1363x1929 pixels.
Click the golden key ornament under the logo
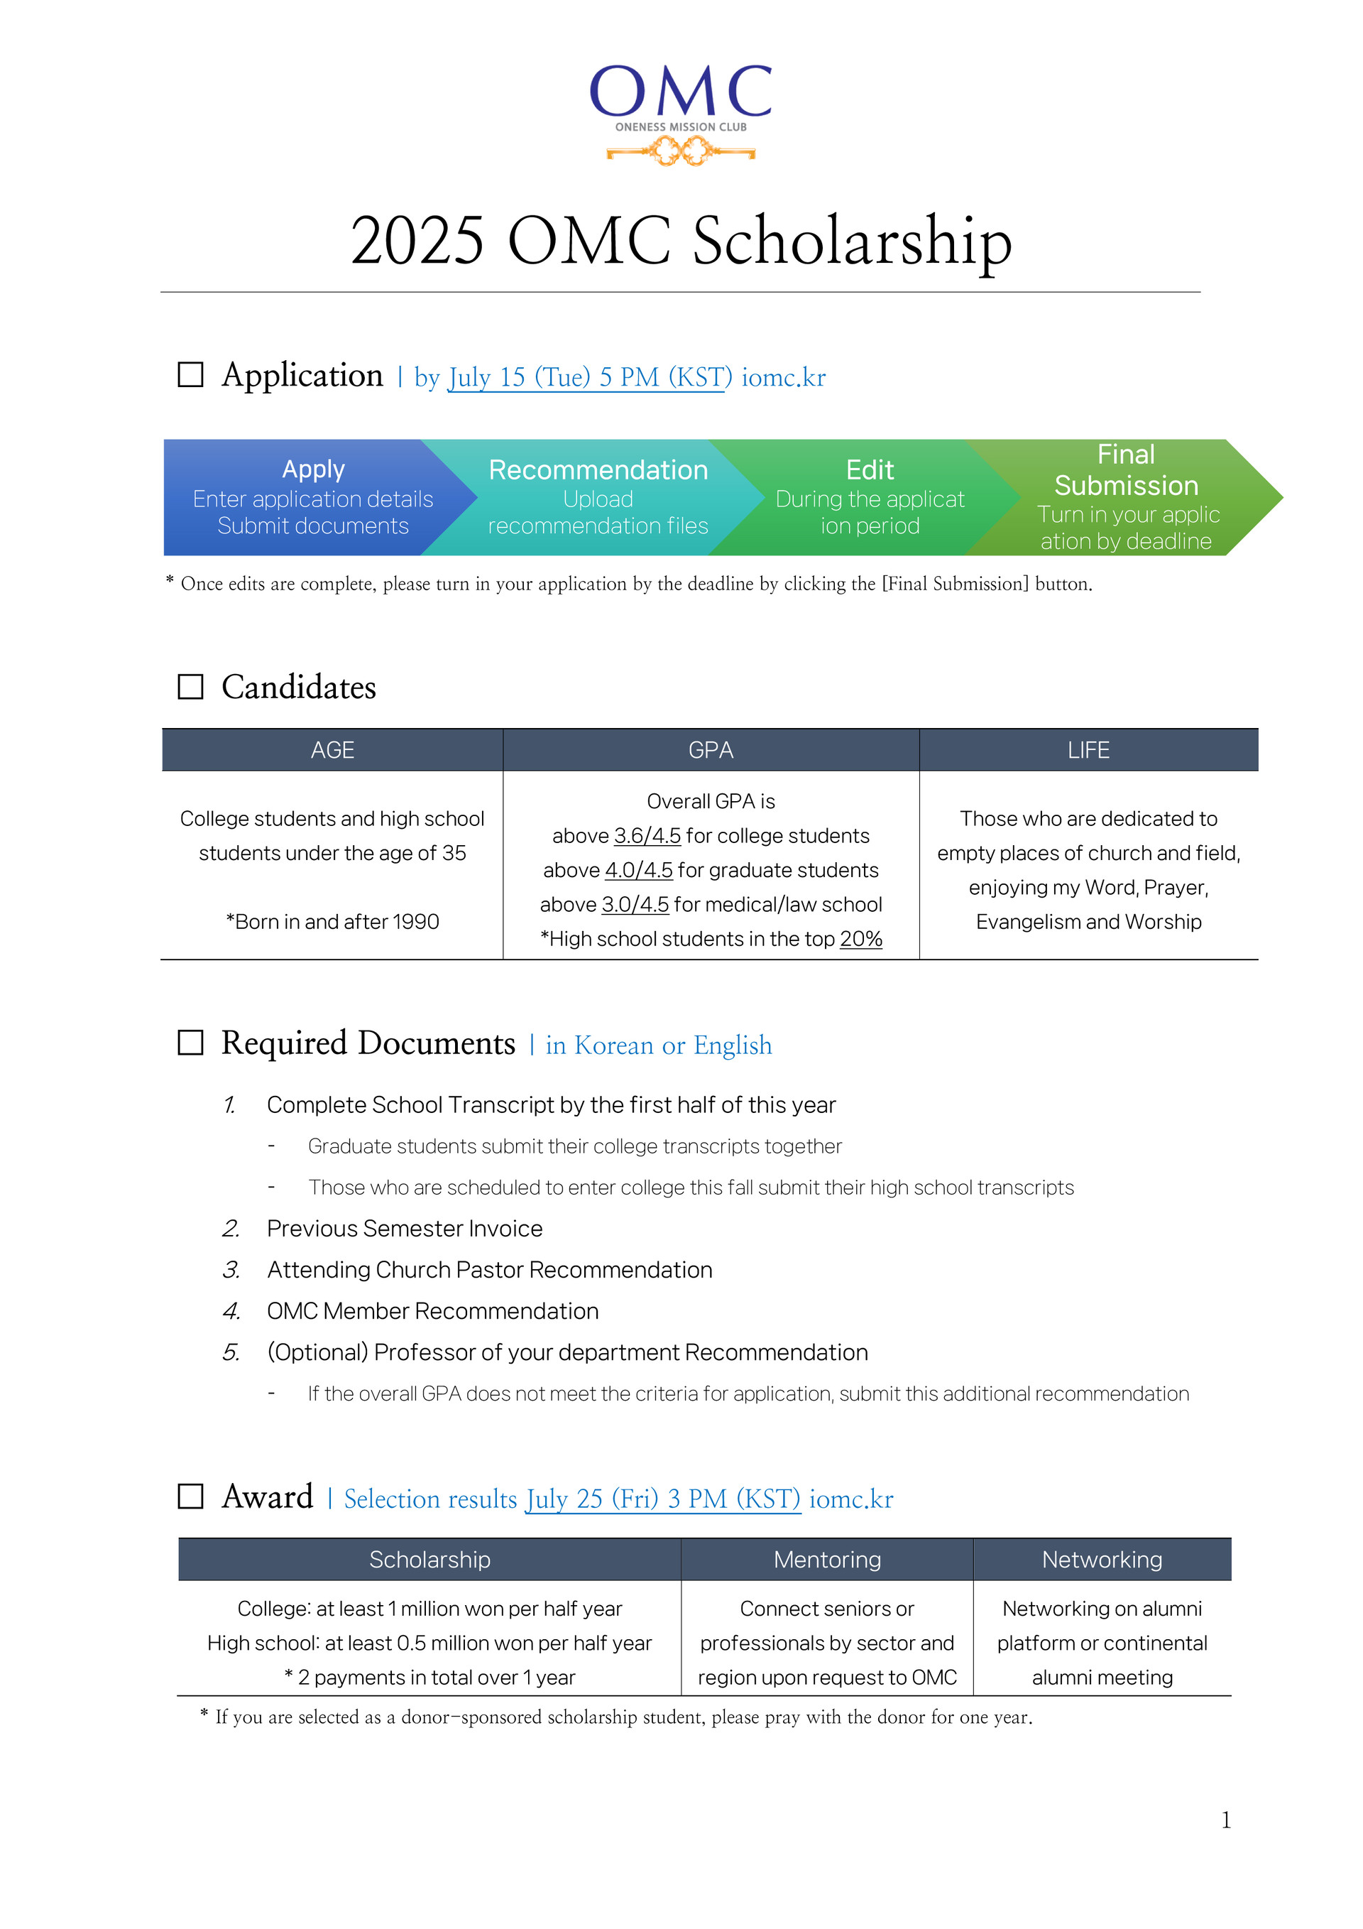tap(681, 152)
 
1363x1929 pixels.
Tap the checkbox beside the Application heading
tap(191, 375)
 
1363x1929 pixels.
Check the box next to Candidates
tap(191, 686)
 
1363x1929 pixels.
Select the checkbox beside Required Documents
tap(191, 1043)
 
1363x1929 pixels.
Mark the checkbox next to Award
tap(191, 1496)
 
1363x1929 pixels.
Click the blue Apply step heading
tap(313, 469)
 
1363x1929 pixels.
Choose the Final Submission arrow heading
tap(1125, 469)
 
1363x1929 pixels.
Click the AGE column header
tap(332, 750)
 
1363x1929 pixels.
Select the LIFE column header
tap(1088, 750)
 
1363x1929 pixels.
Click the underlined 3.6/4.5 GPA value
tap(647, 836)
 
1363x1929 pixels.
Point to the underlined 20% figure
tap(861, 940)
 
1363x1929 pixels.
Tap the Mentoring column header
tap(827, 1560)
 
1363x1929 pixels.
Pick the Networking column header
tap(1102, 1560)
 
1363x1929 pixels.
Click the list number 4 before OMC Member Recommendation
tap(231, 1312)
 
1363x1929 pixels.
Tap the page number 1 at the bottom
tap(1225, 1820)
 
